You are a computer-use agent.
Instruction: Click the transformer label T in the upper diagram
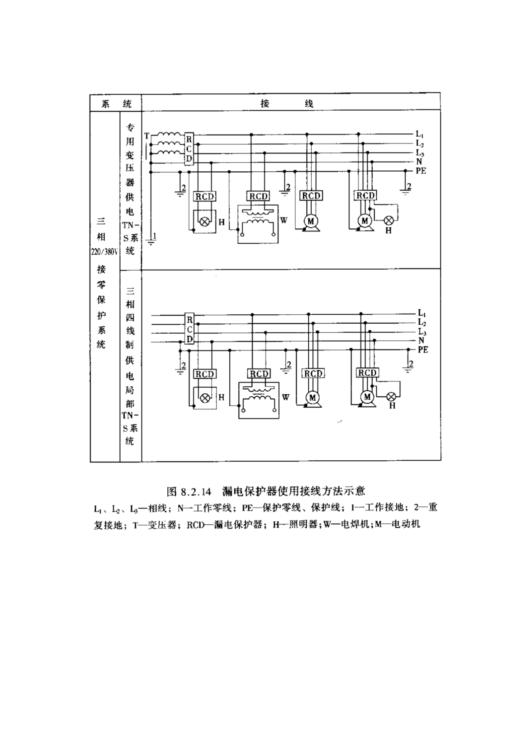point(146,136)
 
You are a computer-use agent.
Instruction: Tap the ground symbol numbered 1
point(151,240)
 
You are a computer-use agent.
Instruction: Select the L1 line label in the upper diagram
point(420,135)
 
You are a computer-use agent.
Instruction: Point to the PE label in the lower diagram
point(423,350)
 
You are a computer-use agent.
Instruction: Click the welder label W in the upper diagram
point(284,220)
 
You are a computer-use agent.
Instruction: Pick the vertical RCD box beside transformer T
point(189,149)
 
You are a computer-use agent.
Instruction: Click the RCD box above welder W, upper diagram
point(258,196)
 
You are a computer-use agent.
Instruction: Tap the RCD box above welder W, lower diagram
point(259,374)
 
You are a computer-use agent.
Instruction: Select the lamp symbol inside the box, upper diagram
point(204,221)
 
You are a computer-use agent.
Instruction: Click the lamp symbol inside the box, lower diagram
point(205,398)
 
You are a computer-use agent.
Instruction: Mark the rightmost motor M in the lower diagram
point(367,397)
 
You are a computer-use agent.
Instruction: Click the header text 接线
point(287,104)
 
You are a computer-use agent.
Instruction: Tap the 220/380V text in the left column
point(103,252)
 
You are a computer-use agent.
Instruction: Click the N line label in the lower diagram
point(421,341)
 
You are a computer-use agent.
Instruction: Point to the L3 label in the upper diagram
point(420,153)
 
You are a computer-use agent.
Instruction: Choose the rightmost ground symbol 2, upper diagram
point(406,189)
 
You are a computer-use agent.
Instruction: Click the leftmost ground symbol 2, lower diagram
point(181,366)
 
